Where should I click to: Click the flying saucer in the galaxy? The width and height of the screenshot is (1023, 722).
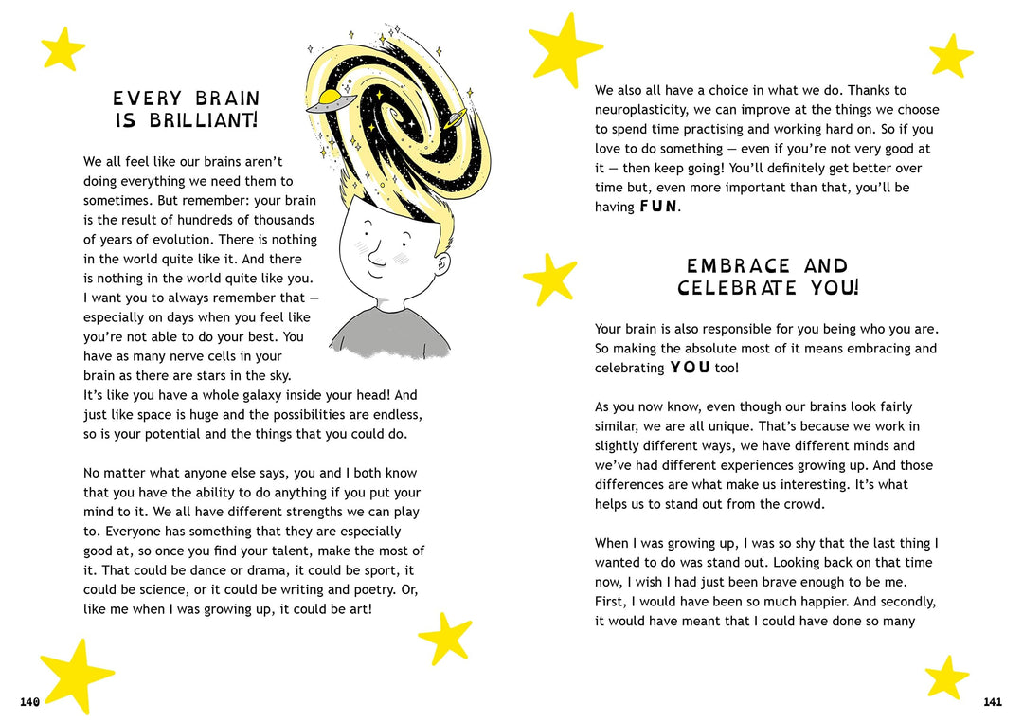click(332, 100)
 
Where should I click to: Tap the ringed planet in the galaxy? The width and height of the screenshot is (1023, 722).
click(452, 118)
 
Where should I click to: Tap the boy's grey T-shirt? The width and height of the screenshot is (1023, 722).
click(390, 335)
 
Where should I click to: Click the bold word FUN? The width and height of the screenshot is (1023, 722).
click(658, 207)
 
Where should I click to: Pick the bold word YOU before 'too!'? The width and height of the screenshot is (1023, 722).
click(690, 368)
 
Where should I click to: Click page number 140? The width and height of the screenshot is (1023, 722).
click(29, 702)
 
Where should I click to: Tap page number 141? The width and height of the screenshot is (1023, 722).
click(992, 702)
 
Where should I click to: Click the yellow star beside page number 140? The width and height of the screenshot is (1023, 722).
click(76, 674)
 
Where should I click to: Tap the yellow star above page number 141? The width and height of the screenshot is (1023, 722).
click(946, 677)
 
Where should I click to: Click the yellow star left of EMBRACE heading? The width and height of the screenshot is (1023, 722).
click(550, 279)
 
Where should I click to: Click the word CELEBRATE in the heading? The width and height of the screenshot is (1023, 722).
click(737, 288)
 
